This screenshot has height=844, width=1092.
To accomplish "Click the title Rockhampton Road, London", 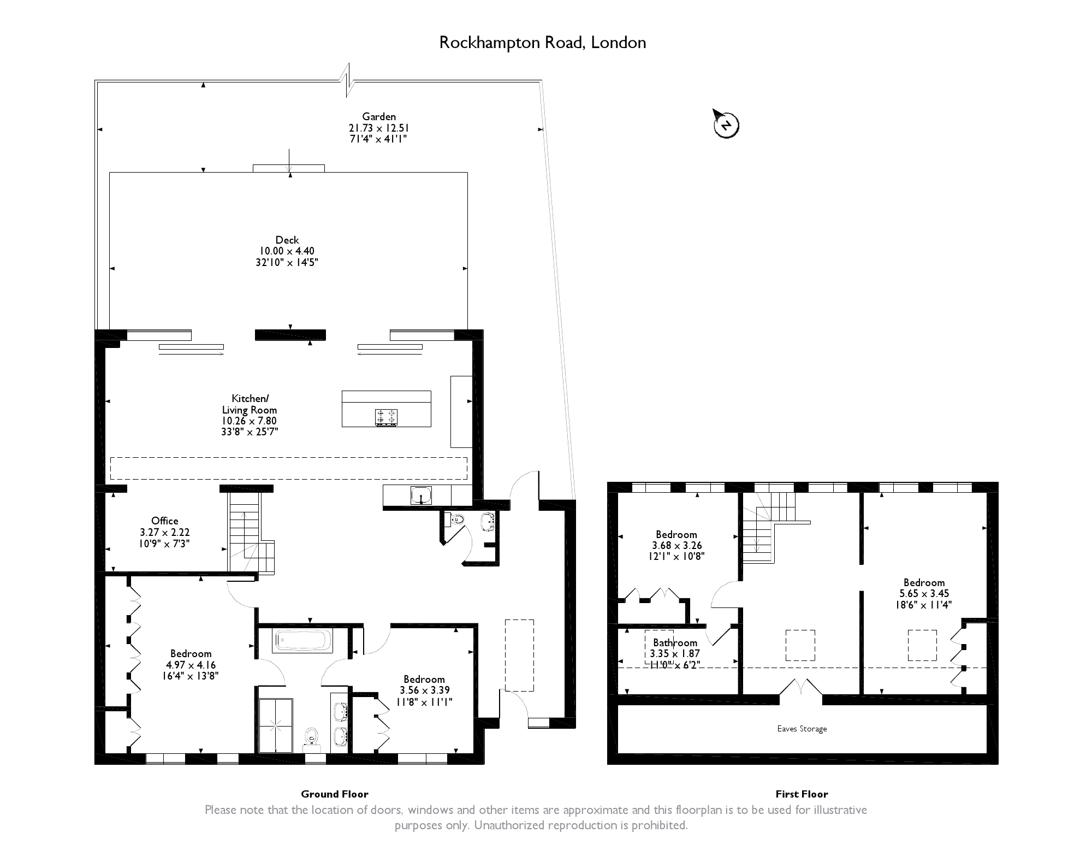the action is (543, 43).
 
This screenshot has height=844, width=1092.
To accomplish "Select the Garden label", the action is (379, 116).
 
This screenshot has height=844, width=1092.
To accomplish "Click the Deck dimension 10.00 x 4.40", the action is (287, 251).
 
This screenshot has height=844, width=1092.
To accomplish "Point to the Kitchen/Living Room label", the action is (250, 404).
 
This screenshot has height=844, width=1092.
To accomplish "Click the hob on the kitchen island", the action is (386, 417).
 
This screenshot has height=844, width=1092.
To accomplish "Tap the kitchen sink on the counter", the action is (421, 495).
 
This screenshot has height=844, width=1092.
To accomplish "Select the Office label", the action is (165, 521).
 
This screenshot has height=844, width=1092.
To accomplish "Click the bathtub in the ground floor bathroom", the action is (303, 640).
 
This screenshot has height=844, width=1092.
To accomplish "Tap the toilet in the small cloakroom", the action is (456, 520).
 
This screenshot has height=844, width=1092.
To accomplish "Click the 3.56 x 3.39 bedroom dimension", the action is (424, 690).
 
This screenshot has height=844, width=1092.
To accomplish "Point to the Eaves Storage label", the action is (802, 729).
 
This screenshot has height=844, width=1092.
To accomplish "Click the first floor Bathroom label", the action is (675, 642).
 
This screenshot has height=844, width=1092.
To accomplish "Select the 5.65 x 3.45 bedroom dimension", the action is (924, 594).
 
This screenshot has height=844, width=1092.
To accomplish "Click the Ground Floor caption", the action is (335, 794).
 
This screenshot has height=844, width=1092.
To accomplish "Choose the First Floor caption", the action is (802, 794).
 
